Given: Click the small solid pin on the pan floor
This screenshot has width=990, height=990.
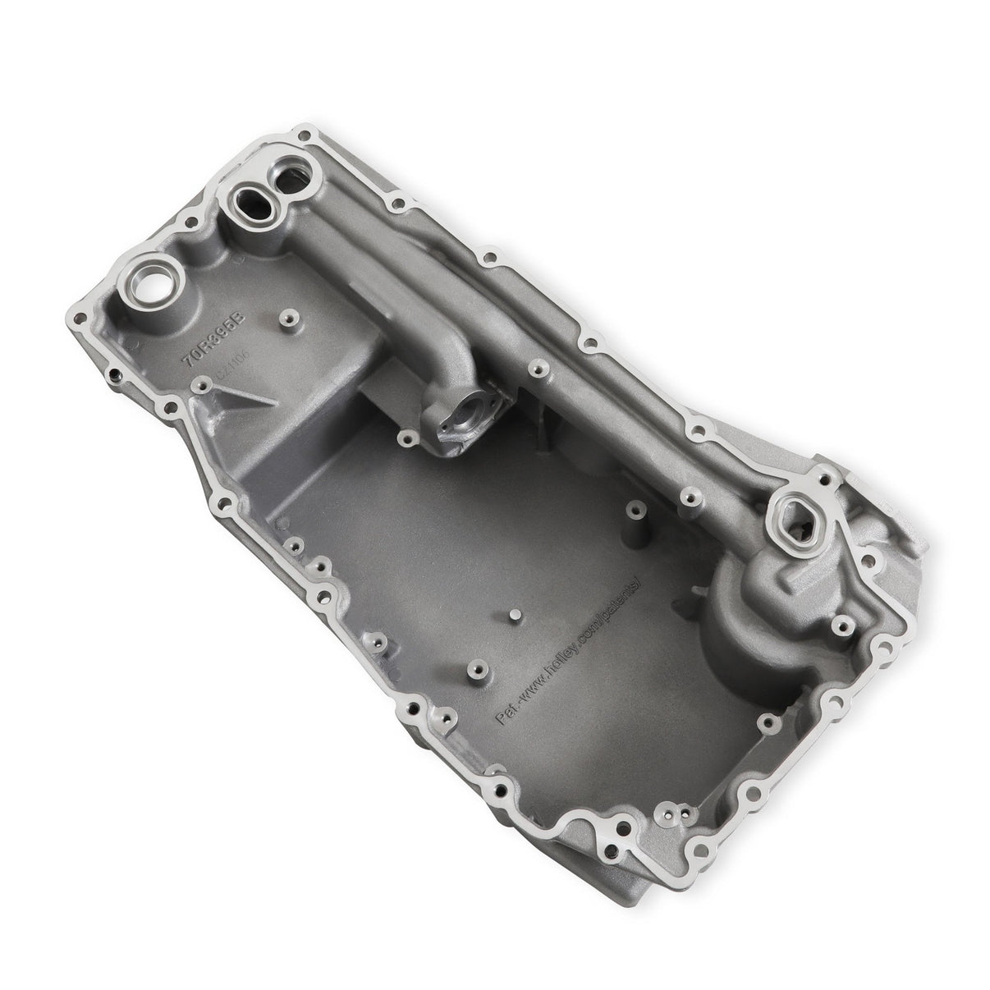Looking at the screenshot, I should tap(513, 616).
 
